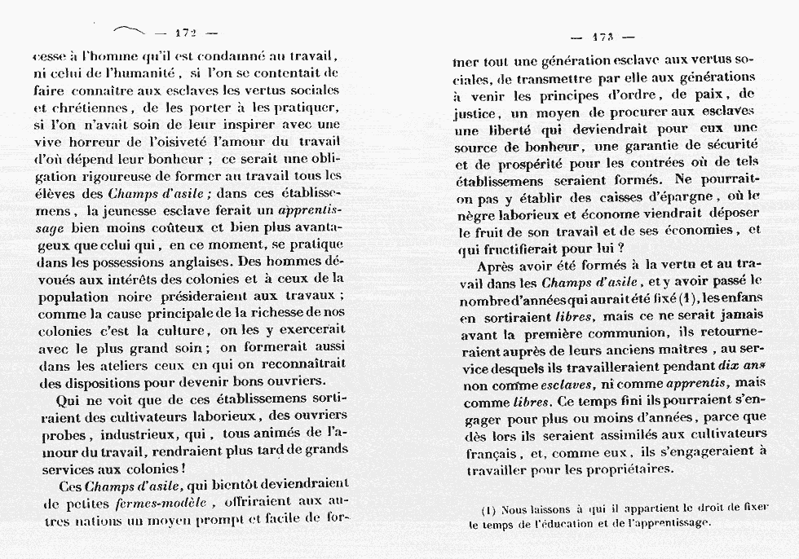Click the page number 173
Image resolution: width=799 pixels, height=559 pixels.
tap(603, 37)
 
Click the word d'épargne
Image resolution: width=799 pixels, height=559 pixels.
tap(669, 199)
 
